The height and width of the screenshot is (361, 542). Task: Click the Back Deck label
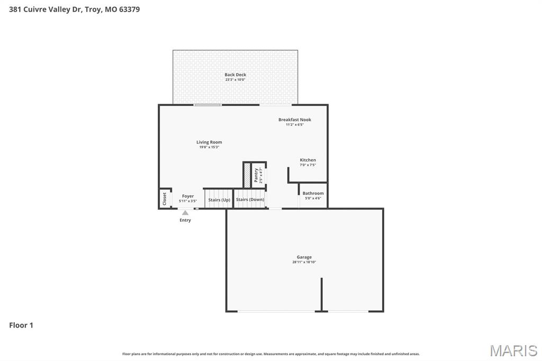[235, 75]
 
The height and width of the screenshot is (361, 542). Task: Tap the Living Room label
[209, 142]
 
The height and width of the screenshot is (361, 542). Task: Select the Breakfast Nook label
[295, 120]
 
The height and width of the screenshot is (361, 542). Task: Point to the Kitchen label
[308, 160]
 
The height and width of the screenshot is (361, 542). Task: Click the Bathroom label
[313, 193]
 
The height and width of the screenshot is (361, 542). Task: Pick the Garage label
[304, 257]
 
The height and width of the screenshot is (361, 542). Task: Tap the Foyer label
[188, 196]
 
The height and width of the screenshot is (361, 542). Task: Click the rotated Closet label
[165, 199]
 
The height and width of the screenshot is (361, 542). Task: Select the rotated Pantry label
[256, 175]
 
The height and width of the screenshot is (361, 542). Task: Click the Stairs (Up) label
[219, 200]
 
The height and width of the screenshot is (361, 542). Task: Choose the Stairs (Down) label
[250, 200]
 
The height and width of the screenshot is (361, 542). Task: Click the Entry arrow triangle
[185, 213]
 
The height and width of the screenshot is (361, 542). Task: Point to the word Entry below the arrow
[185, 220]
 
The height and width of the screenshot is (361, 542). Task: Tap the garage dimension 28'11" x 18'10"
[304, 262]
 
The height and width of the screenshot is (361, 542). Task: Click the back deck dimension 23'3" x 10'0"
[235, 79]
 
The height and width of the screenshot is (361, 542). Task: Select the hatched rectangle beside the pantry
[247, 175]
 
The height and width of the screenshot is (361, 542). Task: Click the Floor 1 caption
[21, 325]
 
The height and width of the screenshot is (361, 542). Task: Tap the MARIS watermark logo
[513, 350]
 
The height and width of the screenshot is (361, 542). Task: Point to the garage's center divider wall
[321, 294]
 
